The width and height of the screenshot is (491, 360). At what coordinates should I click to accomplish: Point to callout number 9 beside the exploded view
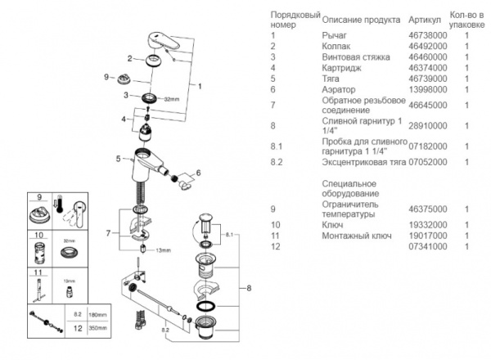coord(106,76)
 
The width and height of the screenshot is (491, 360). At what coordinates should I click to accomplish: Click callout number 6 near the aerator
coord(198,174)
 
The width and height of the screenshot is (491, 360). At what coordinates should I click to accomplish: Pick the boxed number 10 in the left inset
coord(38,235)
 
